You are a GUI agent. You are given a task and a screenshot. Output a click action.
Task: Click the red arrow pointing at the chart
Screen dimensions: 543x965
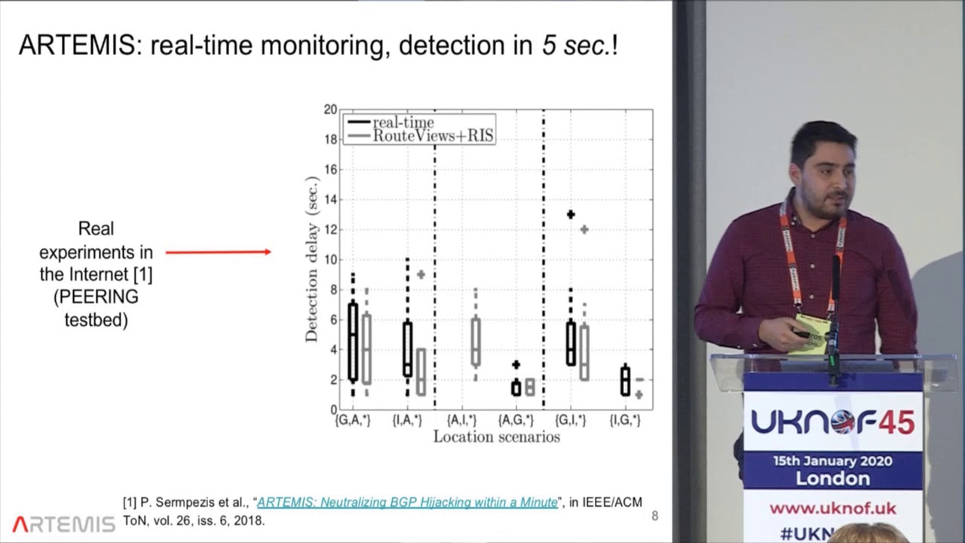pyautogui.click(x=219, y=252)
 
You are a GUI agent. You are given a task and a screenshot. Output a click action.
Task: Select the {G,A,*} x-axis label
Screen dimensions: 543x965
pyautogui.click(x=353, y=420)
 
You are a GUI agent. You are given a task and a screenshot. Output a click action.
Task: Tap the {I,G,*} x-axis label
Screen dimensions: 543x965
pyautogui.click(x=625, y=420)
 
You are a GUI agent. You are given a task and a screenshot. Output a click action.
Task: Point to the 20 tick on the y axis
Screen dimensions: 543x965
pyautogui.click(x=330, y=109)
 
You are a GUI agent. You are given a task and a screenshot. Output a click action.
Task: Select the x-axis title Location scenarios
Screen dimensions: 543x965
pyautogui.click(x=496, y=437)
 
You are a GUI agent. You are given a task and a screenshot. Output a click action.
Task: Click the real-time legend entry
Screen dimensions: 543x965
pyautogui.click(x=403, y=122)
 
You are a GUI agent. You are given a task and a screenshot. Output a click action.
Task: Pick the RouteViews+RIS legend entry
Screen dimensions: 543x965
pyautogui.click(x=433, y=136)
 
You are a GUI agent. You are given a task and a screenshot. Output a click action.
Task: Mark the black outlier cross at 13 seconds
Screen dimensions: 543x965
pyautogui.click(x=571, y=215)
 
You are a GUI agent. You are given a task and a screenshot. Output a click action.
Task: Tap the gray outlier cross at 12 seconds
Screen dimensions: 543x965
pyautogui.click(x=584, y=229)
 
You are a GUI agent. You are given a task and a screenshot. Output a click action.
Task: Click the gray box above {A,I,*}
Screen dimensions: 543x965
pyautogui.click(x=475, y=342)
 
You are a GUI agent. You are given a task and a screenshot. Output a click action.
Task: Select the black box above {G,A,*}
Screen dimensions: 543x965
pyautogui.click(x=353, y=342)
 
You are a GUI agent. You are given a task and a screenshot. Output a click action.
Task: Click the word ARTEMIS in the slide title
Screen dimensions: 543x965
pyautogui.click(x=80, y=45)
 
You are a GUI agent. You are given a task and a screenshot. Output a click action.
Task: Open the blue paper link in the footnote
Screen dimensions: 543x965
pyautogui.click(x=407, y=502)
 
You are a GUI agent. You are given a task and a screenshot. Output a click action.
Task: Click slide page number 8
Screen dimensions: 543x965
pyautogui.click(x=654, y=517)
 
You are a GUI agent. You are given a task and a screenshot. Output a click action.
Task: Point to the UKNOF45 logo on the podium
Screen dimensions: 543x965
pyautogui.click(x=832, y=422)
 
